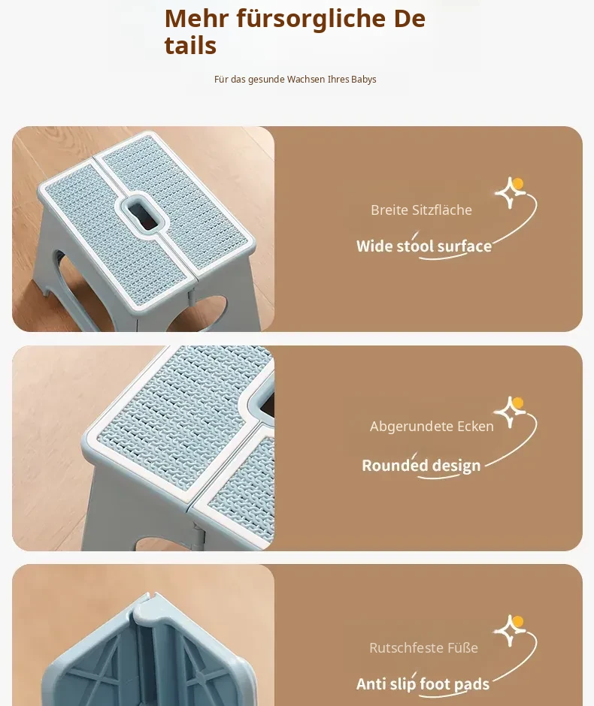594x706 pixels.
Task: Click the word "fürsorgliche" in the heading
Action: click(x=311, y=20)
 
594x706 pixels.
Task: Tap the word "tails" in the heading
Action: click(x=190, y=46)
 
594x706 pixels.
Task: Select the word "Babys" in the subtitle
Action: click(x=364, y=80)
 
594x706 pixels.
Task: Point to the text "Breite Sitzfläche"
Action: click(x=421, y=210)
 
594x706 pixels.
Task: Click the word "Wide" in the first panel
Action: click(x=374, y=246)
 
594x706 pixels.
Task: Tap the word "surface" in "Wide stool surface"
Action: click(x=464, y=246)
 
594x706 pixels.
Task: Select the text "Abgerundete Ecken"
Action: click(x=432, y=426)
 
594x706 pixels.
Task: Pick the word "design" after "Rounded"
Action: click(x=456, y=466)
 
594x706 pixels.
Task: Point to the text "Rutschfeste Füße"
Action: click(x=423, y=647)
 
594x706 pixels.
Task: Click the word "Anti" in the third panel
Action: click(x=371, y=684)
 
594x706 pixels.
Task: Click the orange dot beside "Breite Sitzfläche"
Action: click(x=518, y=184)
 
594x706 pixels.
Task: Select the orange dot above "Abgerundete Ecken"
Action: click(x=518, y=403)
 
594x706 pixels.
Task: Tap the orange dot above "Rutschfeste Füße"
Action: click(x=518, y=622)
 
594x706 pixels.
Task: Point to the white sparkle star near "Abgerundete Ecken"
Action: click(x=508, y=412)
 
